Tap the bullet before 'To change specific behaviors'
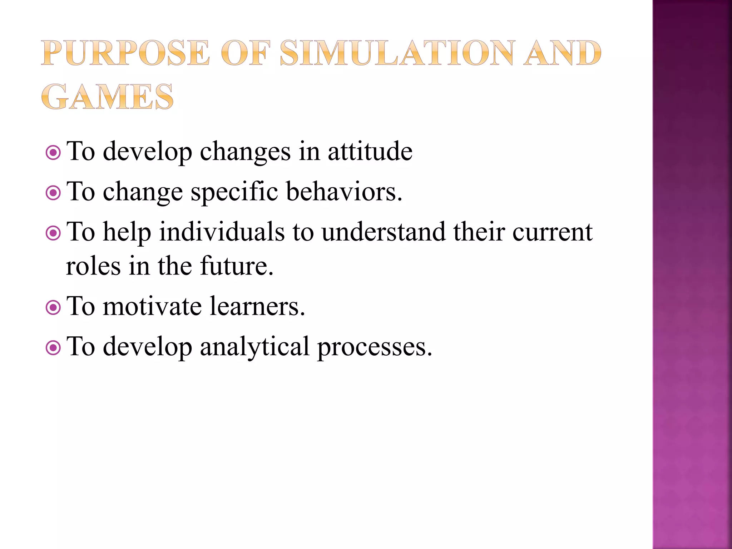(x=53, y=193)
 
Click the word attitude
(x=370, y=152)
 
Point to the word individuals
(x=222, y=232)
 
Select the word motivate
(x=152, y=307)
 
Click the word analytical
(x=254, y=347)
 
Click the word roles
(x=93, y=266)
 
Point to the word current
(x=553, y=233)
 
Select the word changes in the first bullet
(x=245, y=152)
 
